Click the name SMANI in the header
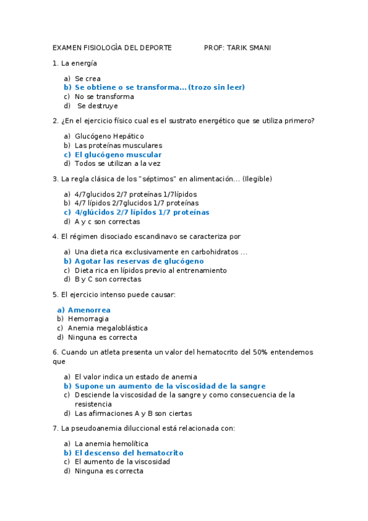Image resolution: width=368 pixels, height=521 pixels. [259, 48]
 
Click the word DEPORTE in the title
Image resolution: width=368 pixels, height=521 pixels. [156, 48]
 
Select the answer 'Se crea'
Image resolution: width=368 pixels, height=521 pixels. [87, 79]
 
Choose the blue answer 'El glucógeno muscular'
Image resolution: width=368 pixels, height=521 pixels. [118, 155]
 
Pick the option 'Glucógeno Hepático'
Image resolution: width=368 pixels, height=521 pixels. [109, 136]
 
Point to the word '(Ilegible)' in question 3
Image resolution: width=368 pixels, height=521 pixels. [257, 179]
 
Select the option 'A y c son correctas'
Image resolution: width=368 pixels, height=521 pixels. [107, 222]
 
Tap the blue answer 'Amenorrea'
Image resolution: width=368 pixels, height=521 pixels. [89, 310]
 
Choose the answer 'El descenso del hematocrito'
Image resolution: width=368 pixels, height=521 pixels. [129, 453]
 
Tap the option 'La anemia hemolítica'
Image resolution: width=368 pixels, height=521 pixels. [111, 444]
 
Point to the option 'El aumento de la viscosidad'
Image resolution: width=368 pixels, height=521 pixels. [122, 462]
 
